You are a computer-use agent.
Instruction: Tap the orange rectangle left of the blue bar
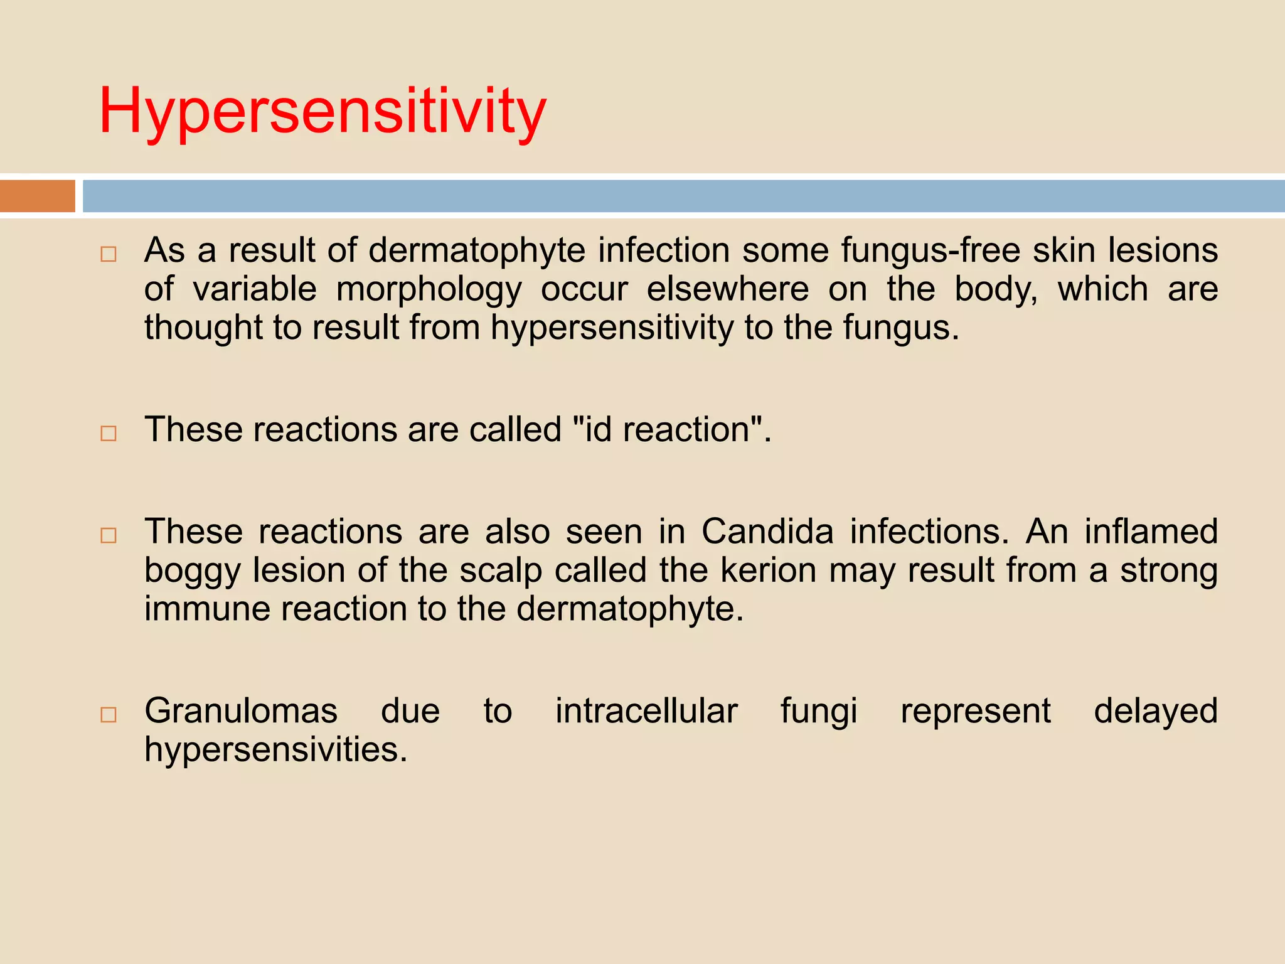tap(38, 196)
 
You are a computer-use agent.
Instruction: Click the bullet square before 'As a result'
tap(109, 254)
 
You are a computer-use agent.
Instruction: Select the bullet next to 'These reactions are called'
tap(109, 433)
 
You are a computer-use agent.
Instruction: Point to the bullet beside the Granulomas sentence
tap(109, 714)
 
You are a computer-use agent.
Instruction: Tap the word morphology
tap(429, 289)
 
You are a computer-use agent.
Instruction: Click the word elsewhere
tap(728, 289)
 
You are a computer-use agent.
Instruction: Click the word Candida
tap(767, 532)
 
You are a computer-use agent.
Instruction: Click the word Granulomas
tap(241, 711)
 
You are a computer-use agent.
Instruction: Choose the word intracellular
tap(646, 711)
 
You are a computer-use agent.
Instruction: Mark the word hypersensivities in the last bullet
tap(276, 750)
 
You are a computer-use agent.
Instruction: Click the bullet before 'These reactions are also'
tap(109, 535)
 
